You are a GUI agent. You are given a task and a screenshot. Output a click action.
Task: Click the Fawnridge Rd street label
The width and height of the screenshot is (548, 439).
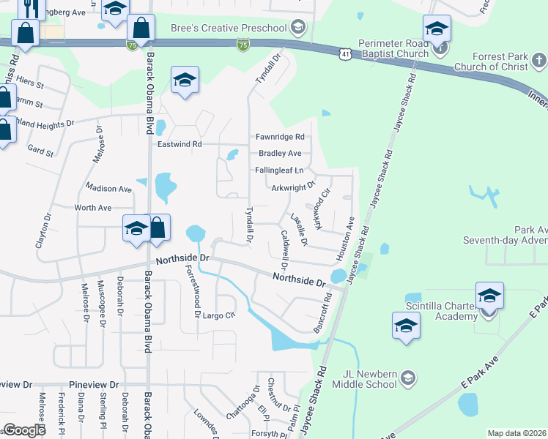pos(279,137)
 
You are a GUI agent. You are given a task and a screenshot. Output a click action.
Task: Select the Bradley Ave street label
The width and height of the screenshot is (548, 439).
pos(280,154)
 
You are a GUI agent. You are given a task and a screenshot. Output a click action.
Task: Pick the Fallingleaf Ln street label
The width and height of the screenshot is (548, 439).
pos(279,170)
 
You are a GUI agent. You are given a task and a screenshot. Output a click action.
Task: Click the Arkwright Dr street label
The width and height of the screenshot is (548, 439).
pos(292,187)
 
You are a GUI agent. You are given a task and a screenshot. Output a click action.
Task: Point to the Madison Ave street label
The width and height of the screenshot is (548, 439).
pos(108,189)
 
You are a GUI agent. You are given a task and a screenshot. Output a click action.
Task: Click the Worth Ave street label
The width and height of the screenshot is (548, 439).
pos(93,208)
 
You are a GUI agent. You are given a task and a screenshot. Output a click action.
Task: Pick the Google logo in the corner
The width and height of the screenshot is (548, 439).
pos(24,429)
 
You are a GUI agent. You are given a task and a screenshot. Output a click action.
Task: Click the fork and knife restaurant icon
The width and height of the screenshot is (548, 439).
pos(30,9)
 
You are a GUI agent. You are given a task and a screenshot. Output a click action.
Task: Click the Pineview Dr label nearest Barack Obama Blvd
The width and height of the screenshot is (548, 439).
pos(93,385)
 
